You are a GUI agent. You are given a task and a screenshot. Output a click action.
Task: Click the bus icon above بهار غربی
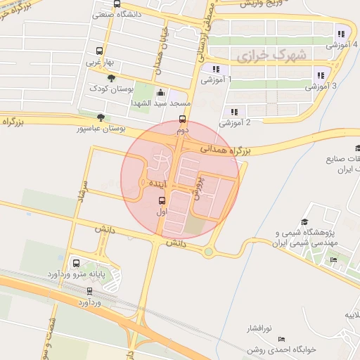pos(98,51)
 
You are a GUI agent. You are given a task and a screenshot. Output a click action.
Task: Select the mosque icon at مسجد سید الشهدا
pos(160,92)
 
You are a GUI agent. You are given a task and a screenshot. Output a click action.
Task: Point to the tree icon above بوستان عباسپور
pos(103,118)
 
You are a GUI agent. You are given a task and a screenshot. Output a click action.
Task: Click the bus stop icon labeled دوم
pos(183,119)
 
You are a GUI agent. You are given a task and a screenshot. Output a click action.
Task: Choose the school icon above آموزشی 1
pos(216,69)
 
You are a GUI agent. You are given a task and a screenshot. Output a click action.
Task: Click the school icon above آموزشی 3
pos(321,75)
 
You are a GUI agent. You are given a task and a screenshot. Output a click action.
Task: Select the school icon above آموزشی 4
pos(341,33)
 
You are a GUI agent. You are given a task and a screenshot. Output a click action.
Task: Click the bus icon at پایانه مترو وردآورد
pos(77,264)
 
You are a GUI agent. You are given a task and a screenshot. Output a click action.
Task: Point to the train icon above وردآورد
pos(89,290)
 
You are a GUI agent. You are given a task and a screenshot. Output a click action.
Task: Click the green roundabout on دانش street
pos(208,251)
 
